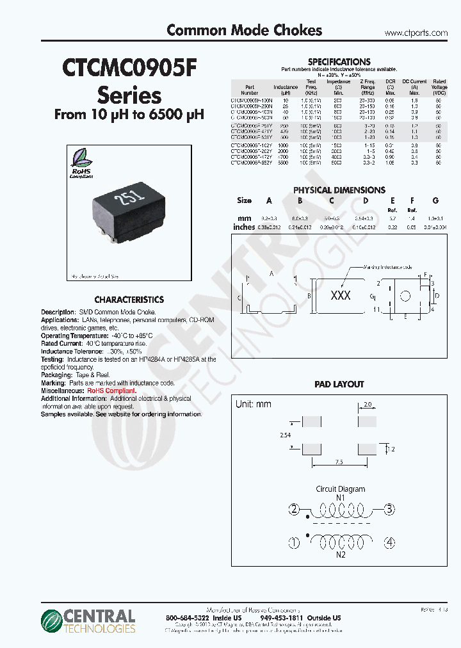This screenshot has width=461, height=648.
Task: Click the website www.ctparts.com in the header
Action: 416,33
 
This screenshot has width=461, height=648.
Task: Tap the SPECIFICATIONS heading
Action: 339,61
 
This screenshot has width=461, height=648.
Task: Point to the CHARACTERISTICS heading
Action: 129,299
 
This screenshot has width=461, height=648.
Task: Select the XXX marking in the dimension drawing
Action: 340,295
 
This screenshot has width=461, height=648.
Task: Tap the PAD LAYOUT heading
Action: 339,384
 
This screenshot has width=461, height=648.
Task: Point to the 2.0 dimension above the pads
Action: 367,405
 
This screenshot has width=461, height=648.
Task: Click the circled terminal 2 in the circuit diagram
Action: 294,510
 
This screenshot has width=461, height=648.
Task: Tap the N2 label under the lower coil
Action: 341,554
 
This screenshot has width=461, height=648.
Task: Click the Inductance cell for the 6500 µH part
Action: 286,163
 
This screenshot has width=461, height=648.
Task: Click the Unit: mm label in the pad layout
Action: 254,404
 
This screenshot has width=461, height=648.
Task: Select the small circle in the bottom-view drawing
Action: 405,296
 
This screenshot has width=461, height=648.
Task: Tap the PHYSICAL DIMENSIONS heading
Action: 339,190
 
